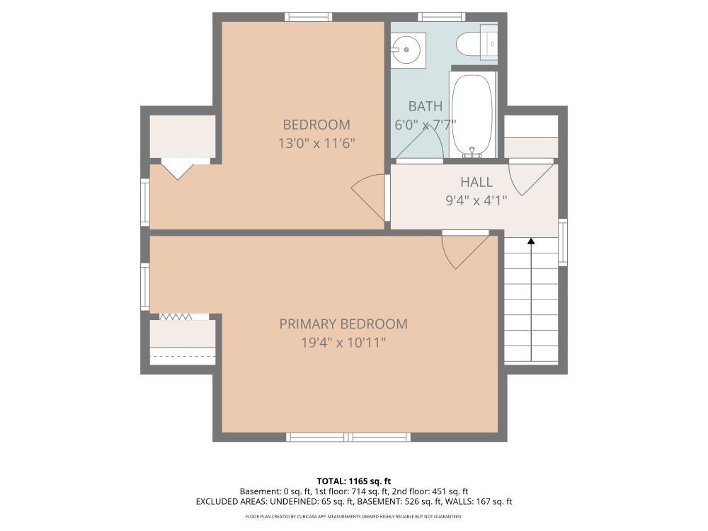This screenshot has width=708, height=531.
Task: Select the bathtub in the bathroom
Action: pos(473,114)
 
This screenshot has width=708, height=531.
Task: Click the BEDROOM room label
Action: pos(316,125)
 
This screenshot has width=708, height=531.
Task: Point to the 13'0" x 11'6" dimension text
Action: pos(316,144)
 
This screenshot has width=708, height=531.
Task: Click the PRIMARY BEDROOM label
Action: pos(343,324)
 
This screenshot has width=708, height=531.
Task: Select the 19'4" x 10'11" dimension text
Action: pos(343,343)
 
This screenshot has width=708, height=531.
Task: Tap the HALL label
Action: pos(476,182)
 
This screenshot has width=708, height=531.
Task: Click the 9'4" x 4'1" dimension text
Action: pos(476,200)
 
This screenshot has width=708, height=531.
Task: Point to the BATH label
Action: pos(426,106)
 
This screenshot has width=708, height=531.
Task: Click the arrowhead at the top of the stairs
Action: pos(532,241)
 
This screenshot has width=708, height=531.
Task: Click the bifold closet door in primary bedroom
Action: pos(176,316)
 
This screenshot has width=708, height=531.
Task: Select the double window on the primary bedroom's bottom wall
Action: pos(348,437)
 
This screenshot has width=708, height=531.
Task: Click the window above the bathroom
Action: pos(442,17)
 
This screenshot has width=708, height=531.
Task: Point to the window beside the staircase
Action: pos(563,242)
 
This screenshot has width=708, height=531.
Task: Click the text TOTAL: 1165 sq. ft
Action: pos(353,481)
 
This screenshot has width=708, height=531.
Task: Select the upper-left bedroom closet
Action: pos(182,137)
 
